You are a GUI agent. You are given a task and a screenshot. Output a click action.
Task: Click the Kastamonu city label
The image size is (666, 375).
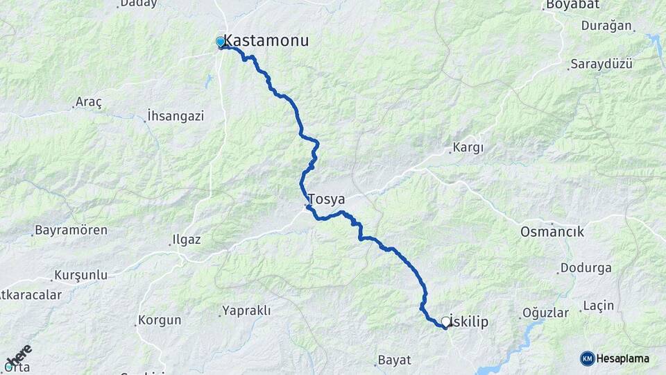[266, 41]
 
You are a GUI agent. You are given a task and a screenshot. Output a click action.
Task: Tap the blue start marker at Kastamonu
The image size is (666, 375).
[221, 42]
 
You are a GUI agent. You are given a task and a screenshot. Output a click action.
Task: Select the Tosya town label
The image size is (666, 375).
[326, 199]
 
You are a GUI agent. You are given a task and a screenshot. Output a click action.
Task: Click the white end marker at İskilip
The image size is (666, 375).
[445, 322]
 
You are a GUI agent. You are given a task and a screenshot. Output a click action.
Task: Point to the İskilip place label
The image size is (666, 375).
[471, 321]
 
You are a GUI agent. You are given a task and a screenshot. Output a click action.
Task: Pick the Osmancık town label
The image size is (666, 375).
[552, 232]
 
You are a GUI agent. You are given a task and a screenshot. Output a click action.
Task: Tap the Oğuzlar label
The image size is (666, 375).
[545, 312]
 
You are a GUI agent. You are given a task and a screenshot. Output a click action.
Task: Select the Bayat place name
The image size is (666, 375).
[394, 360]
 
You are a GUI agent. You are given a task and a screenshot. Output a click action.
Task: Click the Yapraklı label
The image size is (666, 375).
[246, 310]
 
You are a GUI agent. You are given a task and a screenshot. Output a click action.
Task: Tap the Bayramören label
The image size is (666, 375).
[71, 230]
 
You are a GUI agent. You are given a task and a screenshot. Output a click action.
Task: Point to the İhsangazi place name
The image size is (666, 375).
[175, 116]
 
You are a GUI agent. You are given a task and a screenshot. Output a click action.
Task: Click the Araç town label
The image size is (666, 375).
[89, 103]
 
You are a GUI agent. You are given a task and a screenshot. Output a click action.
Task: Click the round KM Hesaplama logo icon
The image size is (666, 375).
[588, 358]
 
